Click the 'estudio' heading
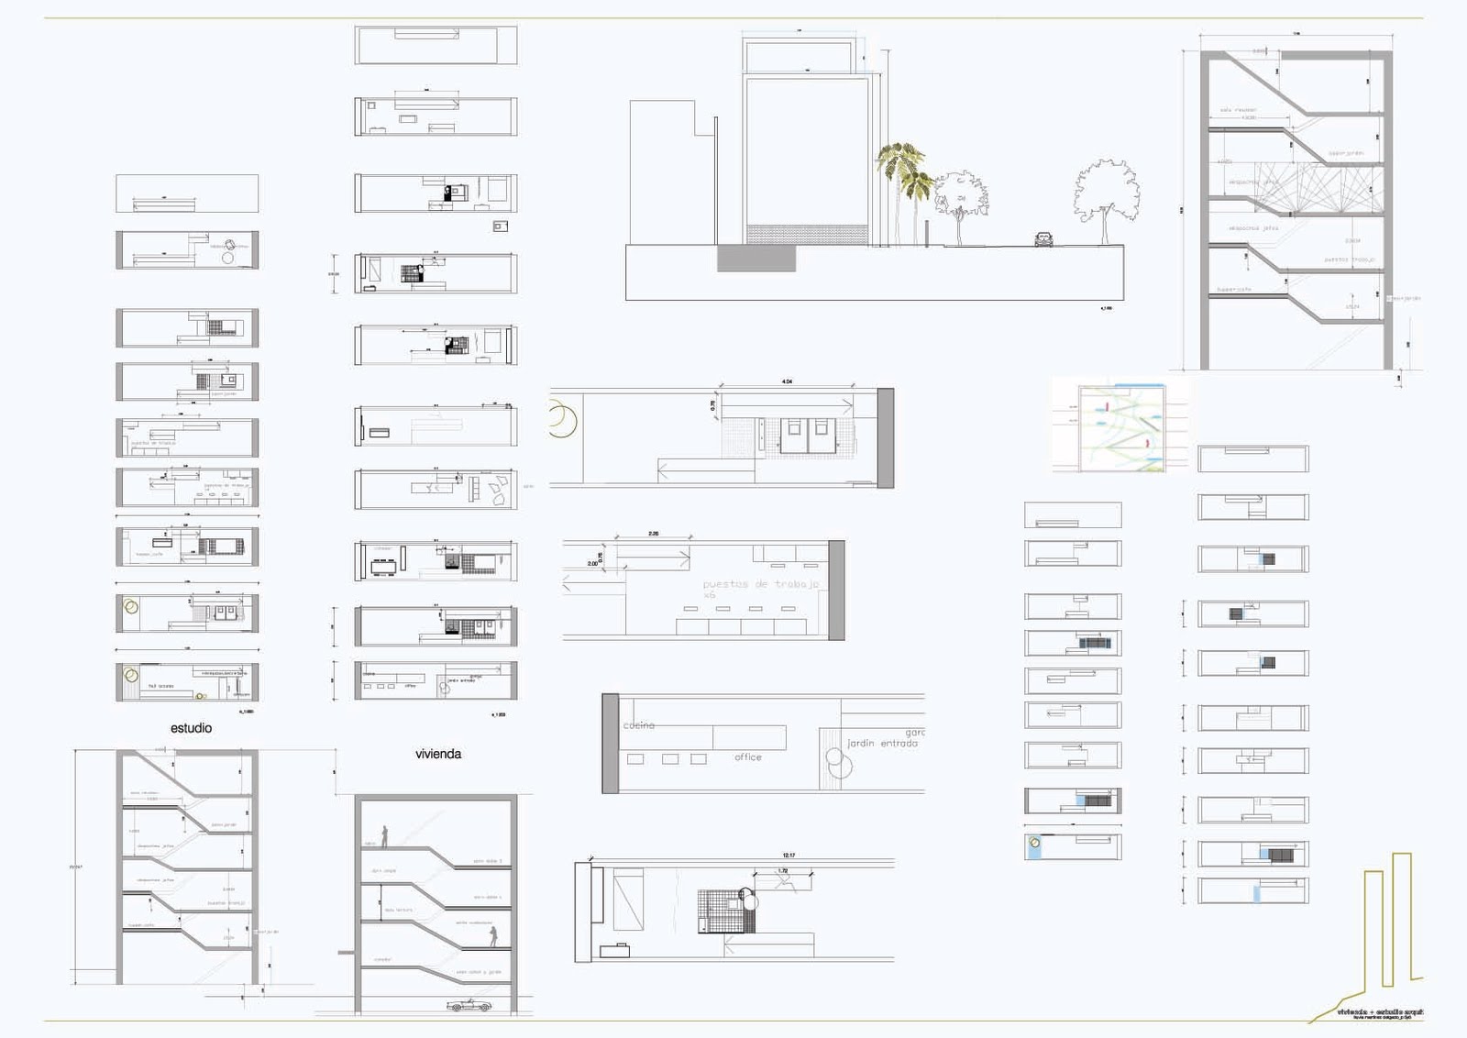(x=191, y=728)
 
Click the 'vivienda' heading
(x=438, y=754)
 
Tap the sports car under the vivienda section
(x=469, y=1006)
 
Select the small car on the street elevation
(x=1043, y=239)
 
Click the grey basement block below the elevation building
(x=756, y=259)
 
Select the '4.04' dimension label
(x=787, y=381)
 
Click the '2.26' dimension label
(x=653, y=534)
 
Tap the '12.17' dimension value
(x=789, y=856)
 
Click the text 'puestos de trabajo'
(x=761, y=584)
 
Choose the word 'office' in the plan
(x=747, y=757)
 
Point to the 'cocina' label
(x=639, y=725)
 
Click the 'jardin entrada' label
(x=882, y=744)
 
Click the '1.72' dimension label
(x=783, y=871)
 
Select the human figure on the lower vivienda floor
(x=493, y=935)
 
